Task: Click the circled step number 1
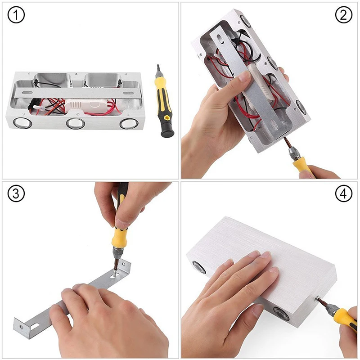pyautogui.click(x=16, y=16)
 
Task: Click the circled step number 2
pyautogui.click(x=343, y=16)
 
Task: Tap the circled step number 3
pyautogui.click(x=16, y=194)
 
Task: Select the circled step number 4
pyautogui.click(x=343, y=194)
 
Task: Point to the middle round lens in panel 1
pyautogui.click(x=75, y=123)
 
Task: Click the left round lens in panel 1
pyautogui.click(x=22, y=122)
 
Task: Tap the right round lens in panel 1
pyautogui.click(x=128, y=123)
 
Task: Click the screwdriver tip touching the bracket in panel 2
pyautogui.click(x=284, y=142)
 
